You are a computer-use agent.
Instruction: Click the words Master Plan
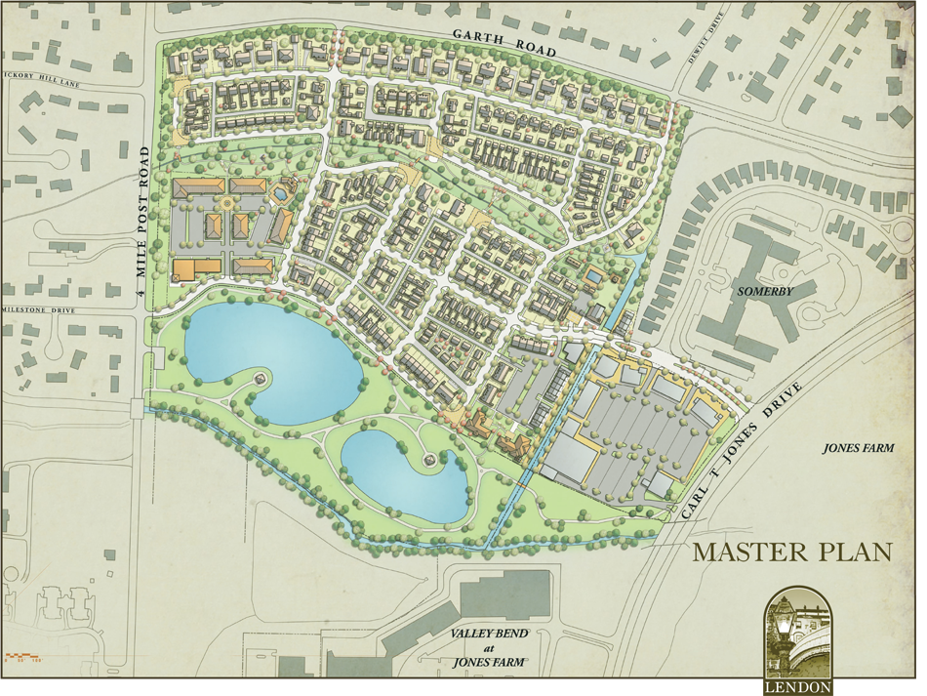(791, 552)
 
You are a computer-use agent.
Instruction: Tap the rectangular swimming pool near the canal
(592, 277)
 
